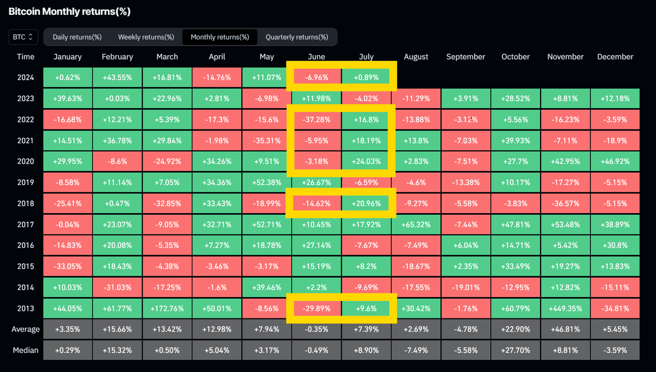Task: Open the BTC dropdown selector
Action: pyautogui.click(x=23, y=37)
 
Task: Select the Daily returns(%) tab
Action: pyautogui.click(x=77, y=37)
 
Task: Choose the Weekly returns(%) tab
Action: pyautogui.click(x=146, y=37)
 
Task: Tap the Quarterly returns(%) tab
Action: pyautogui.click(x=297, y=37)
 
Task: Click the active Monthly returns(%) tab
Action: pyautogui.click(x=220, y=37)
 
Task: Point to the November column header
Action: pyautogui.click(x=565, y=57)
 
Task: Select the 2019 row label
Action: pyautogui.click(x=25, y=182)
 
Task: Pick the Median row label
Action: pyautogui.click(x=25, y=350)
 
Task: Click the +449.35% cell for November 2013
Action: pyautogui.click(x=565, y=308)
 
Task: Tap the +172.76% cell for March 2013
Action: pyautogui.click(x=167, y=308)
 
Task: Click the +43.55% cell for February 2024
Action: pyautogui.click(x=117, y=78)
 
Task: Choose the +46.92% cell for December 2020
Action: pyautogui.click(x=615, y=162)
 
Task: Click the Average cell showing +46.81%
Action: pyautogui.click(x=565, y=329)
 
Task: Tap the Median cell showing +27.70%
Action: pyautogui.click(x=515, y=350)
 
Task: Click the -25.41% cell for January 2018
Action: pyautogui.click(x=68, y=204)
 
